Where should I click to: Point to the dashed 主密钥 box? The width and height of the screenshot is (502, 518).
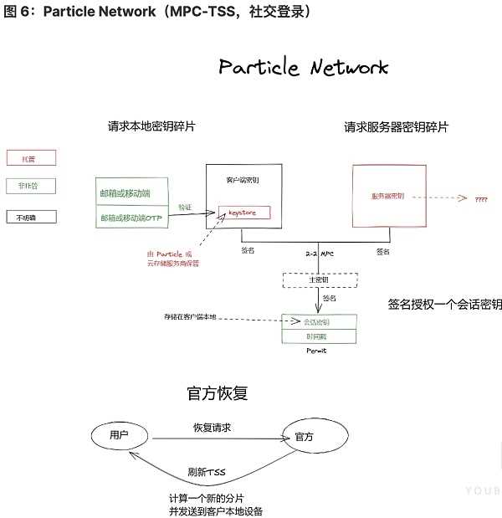click(320, 280)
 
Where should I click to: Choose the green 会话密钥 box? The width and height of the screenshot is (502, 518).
click(319, 321)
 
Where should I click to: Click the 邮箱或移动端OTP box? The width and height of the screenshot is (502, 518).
click(132, 218)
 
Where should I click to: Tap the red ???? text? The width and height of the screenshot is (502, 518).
click(482, 200)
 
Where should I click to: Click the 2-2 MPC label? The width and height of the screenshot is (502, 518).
click(320, 254)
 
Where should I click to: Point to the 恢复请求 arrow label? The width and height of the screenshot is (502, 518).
click(212, 427)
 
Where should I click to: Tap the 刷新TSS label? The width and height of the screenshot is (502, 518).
click(207, 471)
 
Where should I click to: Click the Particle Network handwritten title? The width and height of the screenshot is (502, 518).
click(303, 68)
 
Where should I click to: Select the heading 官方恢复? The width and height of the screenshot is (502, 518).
click(216, 392)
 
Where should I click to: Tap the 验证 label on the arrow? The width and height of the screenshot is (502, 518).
click(185, 207)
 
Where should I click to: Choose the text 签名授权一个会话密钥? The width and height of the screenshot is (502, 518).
click(444, 305)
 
